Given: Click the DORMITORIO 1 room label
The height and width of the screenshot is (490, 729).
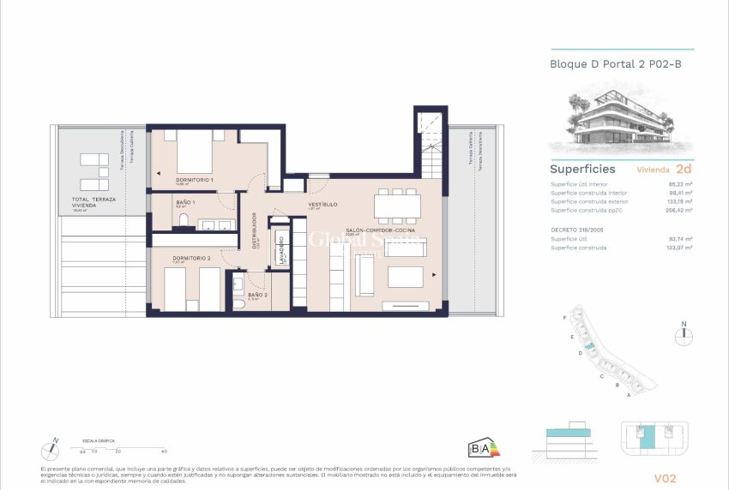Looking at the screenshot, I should (194, 180).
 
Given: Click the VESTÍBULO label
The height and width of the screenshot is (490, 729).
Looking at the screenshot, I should (322, 205).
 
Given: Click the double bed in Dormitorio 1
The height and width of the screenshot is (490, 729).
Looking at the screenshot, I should (196, 153).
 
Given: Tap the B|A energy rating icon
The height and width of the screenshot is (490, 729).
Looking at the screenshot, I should (483, 447).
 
